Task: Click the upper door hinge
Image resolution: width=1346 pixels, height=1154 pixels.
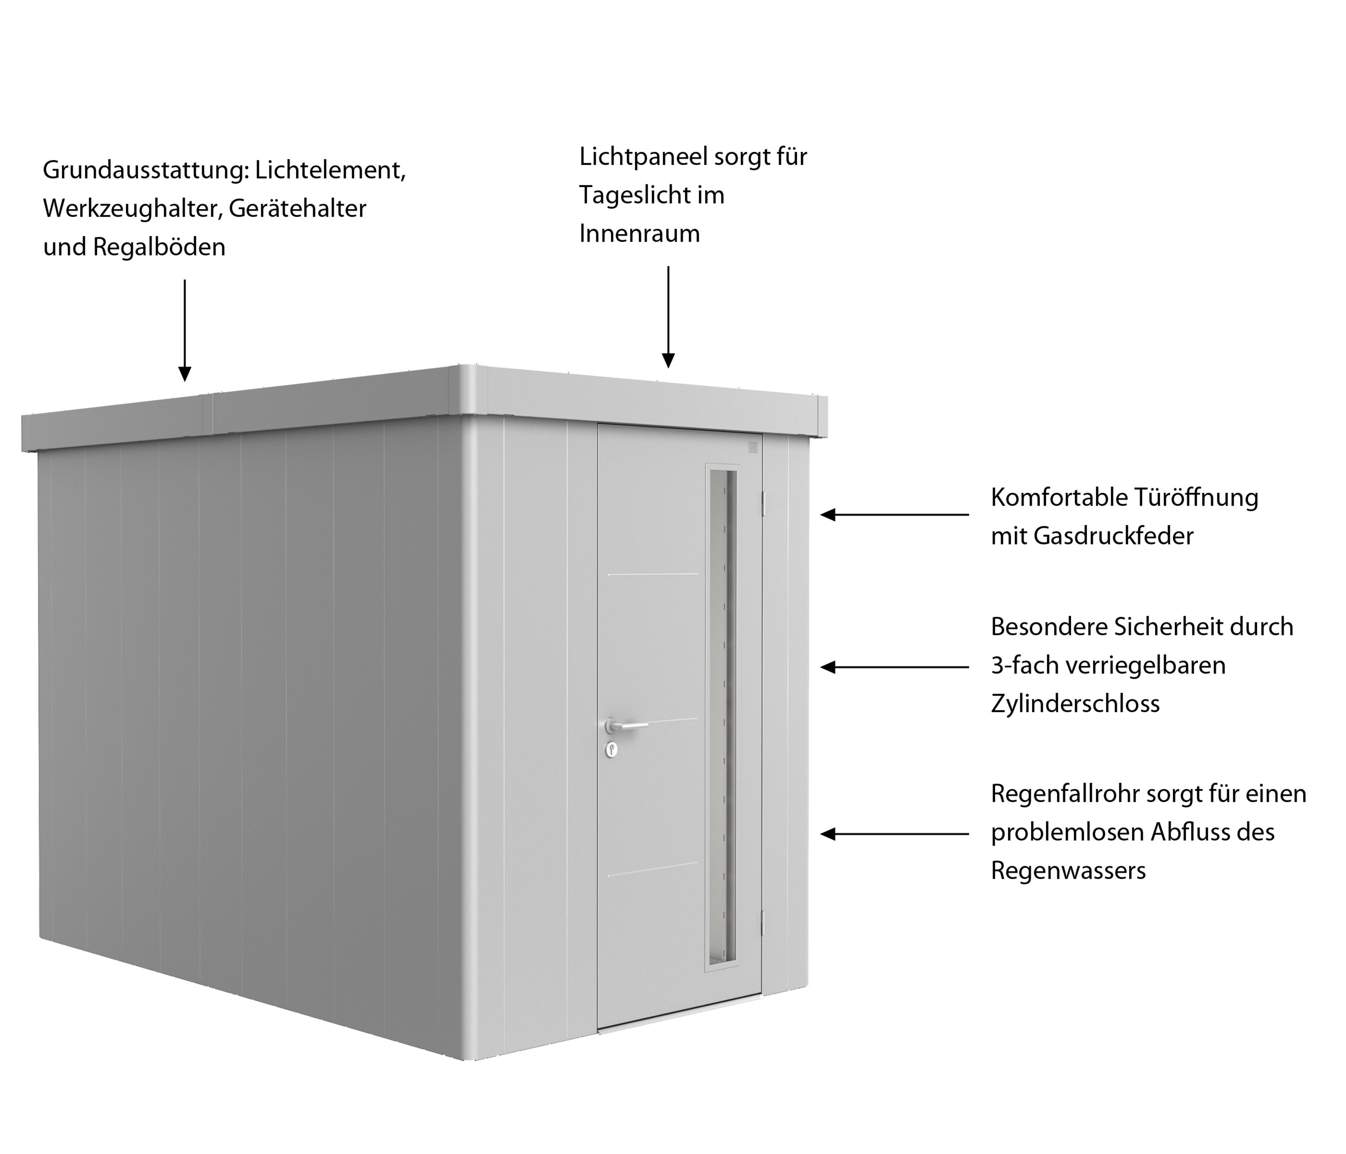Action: [x=764, y=500]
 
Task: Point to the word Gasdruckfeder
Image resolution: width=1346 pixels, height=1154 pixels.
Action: [x=1113, y=536]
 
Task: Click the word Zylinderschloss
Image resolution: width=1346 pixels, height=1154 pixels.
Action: [x=1075, y=704]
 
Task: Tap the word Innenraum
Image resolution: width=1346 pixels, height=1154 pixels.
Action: [x=639, y=234]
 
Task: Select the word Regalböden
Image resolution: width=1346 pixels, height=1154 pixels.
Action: [x=159, y=247]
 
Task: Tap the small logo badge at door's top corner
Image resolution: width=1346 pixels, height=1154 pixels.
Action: [x=753, y=447]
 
